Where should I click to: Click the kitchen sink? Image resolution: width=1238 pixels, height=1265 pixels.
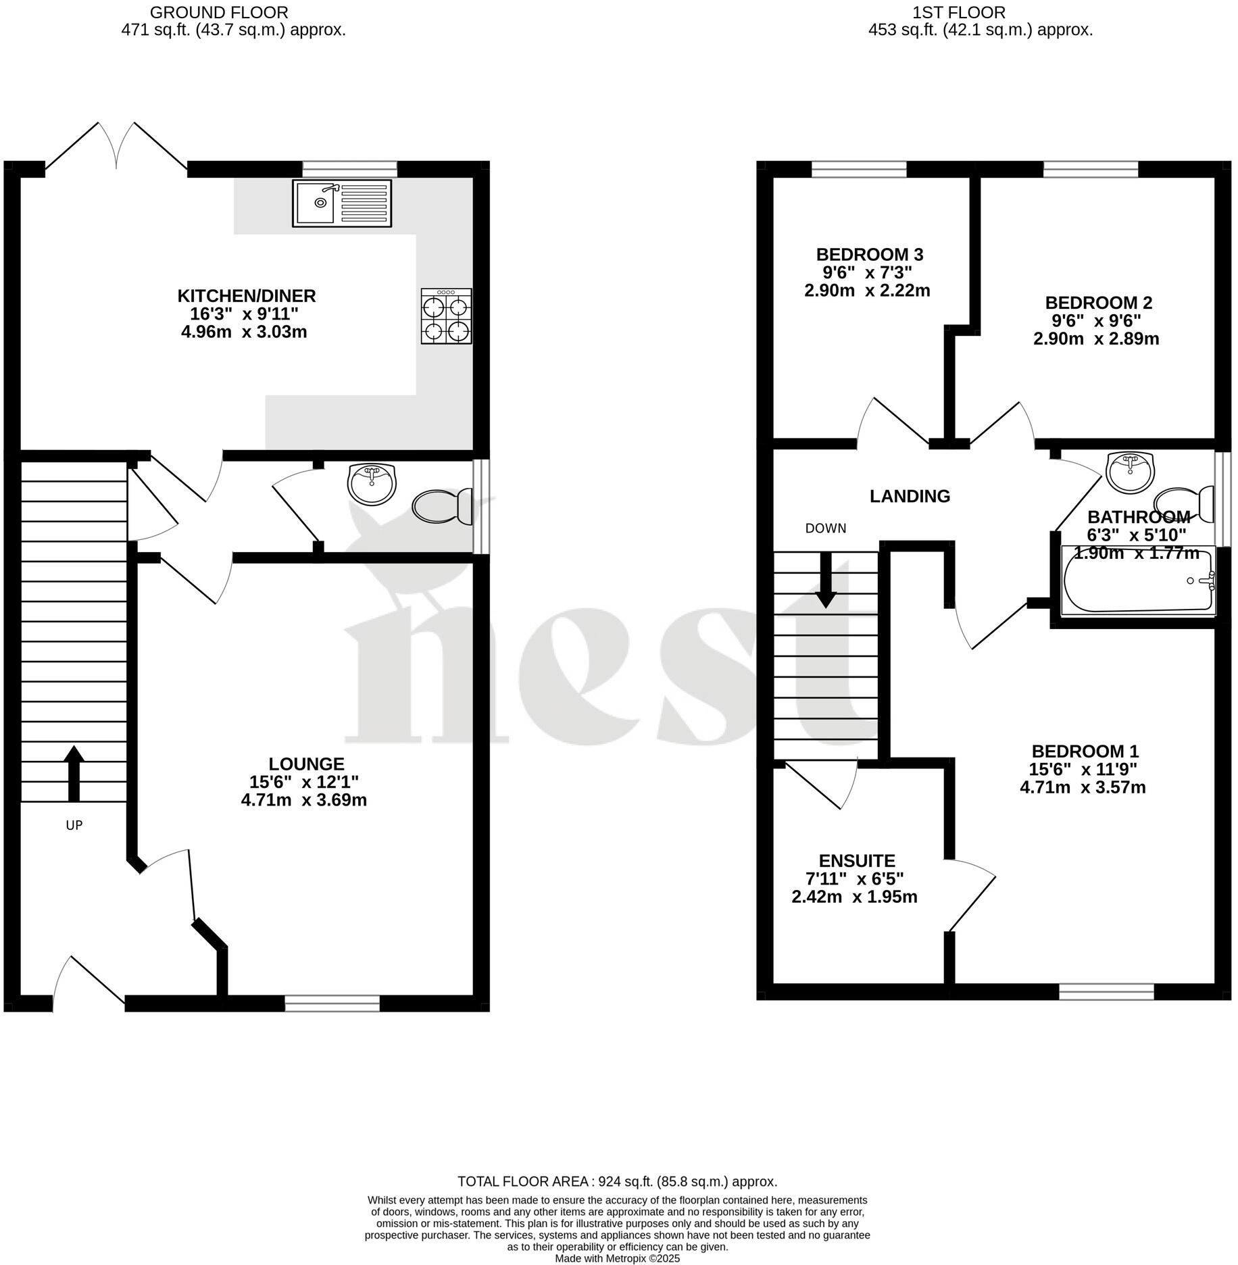pyautogui.click(x=342, y=203)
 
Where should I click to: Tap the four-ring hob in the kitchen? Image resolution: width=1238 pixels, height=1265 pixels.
pyautogui.click(x=446, y=316)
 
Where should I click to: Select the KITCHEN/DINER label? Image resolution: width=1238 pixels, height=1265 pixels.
pyautogui.click(x=247, y=296)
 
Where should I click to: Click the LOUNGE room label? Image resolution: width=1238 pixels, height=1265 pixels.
pyautogui.click(x=306, y=764)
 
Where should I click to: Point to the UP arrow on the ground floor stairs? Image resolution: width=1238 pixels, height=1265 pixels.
pyautogui.click(x=74, y=774)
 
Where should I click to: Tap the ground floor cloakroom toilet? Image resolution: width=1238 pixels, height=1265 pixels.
pyautogui.click(x=443, y=507)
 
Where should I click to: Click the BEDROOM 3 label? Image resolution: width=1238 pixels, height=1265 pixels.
pyautogui.click(x=869, y=255)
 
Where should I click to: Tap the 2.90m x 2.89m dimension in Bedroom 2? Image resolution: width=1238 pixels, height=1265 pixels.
pyautogui.click(x=1095, y=339)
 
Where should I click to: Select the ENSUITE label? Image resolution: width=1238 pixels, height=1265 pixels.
pyautogui.click(x=856, y=861)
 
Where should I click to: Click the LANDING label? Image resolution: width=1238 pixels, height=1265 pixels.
pyautogui.click(x=910, y=496)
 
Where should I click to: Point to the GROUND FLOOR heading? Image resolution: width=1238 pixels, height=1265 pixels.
pyautogui.click(x=219, y=12)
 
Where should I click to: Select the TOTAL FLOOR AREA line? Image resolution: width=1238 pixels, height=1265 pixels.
pyautogui.click(x=617, y=1182)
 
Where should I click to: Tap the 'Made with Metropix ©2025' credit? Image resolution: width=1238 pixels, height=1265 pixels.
pyautogui.click(x=617, y=1259)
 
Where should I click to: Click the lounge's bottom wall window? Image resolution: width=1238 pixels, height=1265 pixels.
pyautogui.click(x=332, y=1003)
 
